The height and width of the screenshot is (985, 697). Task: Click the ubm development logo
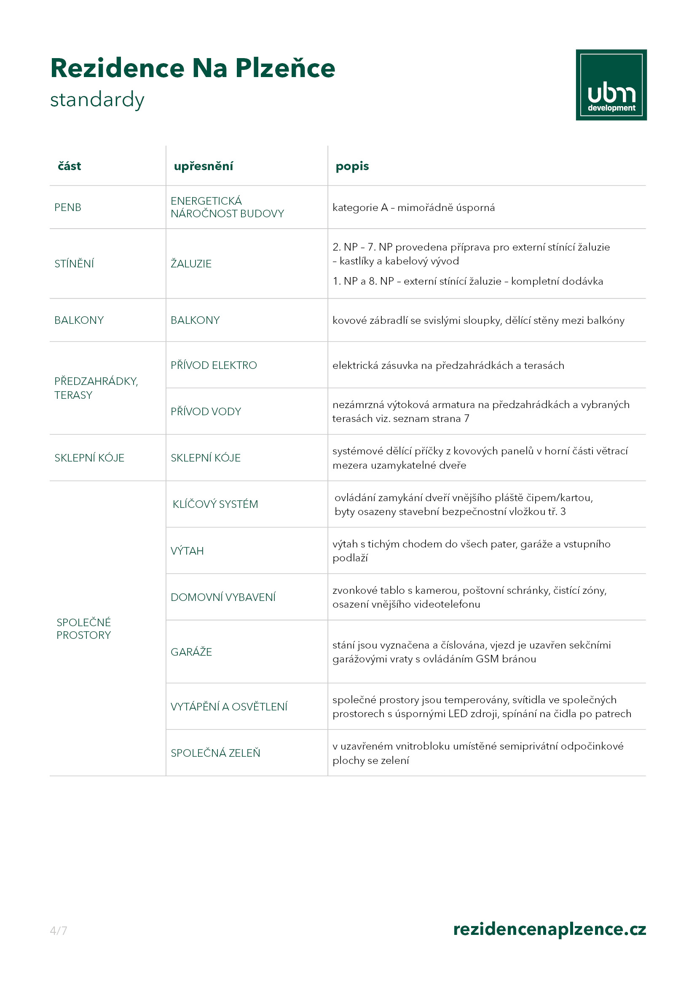[x=611, y=85]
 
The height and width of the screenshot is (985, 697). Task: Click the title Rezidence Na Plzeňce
[x=192, y=68]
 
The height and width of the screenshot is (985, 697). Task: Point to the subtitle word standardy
[x=97, y=99]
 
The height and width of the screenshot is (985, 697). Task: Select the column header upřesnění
[x=203, y=166]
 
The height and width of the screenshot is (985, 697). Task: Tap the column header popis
[x=352, y=166]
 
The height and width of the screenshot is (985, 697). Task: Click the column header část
[x=69, y=166]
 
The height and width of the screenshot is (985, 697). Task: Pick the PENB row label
[x=68, y=207]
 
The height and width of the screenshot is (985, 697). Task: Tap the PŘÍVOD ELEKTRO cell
[x=214, y=365]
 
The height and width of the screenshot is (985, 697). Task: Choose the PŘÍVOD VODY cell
[x=206, y=411]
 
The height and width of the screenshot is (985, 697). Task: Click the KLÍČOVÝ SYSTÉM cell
[x=215, y=504]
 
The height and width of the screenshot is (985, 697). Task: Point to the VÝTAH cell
[x=187, y=551]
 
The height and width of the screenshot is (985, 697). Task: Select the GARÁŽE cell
[x=191, y=651]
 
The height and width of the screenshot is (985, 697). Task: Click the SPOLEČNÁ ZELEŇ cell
[x=215, y=753]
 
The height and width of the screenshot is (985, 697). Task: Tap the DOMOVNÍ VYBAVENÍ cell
[x=223, y=597]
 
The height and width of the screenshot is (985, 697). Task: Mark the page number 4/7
[x=59, y=931]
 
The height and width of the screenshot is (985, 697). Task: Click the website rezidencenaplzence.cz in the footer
[x=550, y=929]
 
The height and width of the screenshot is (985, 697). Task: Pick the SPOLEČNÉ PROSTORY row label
[x=84, y=628]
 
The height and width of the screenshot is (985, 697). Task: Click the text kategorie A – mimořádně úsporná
[x=413, y=208]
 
